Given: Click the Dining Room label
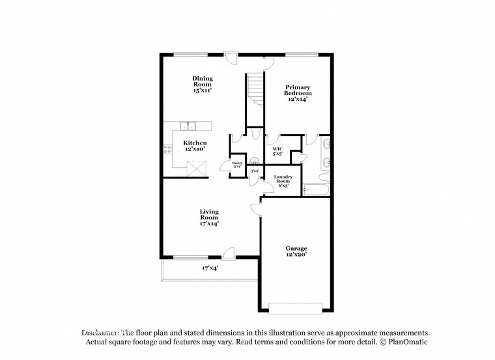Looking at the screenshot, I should (x=202, y=85).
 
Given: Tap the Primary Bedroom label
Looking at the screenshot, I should (x=297, y=94).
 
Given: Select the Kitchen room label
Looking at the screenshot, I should (x=195, y=146).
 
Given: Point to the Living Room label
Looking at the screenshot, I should (x=208, y=217).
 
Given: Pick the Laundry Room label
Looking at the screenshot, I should (x=283, y=180).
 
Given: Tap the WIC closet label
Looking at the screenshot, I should (x=277, y=152).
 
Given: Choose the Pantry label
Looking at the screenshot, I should (x=237, y=165).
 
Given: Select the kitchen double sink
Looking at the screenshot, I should (x=190, y=125).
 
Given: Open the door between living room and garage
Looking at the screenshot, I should (x=257, y=208).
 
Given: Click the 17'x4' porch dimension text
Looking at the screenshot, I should (x=210, y=268).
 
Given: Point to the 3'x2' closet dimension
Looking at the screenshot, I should (x=255, y=171).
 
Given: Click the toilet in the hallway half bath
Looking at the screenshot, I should (x=254, y=135).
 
